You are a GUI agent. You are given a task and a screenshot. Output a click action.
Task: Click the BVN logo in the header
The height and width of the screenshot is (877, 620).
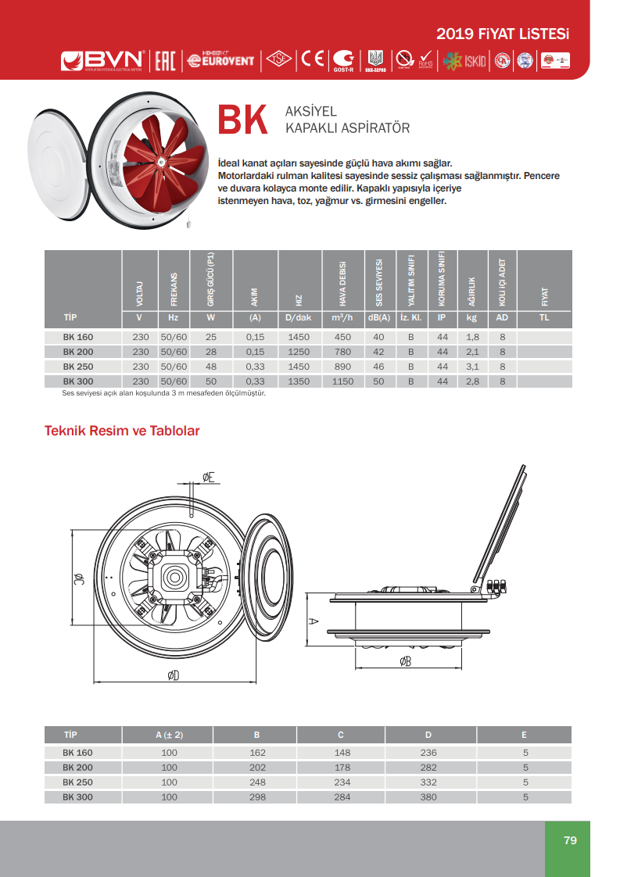coord(103,60)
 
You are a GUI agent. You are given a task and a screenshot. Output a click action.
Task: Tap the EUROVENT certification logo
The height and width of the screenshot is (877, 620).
coord(221,59)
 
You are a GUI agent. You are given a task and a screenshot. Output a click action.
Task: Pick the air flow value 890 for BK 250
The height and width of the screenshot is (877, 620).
coord(342,367)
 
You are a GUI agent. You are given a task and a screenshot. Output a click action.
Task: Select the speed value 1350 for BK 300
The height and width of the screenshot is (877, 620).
coord(299,381)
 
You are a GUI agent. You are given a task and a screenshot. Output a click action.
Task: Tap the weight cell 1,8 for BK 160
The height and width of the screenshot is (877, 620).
coord(472,338)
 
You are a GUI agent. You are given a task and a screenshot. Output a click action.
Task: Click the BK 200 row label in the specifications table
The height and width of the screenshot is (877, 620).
coord(78,352)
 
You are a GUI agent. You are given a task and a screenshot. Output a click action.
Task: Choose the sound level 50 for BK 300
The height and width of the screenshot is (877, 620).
coord(379,381)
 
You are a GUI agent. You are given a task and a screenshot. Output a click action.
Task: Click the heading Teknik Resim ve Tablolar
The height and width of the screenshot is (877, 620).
coord(123,431)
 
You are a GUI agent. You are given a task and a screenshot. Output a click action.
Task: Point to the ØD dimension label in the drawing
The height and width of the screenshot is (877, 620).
coord(174,676)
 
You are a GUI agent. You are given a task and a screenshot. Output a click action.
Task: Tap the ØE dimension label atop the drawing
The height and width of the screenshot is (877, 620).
coord(208,477)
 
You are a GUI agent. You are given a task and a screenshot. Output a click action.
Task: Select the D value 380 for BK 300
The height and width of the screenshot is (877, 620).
coord(428,797)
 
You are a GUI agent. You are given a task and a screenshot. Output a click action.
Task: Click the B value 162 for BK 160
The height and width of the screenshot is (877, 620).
coord(256,753)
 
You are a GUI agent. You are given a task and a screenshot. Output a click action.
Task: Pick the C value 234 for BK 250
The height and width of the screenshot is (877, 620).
coord(341,782)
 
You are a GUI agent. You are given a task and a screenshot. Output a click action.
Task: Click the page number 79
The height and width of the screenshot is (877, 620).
coord(570,840)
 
